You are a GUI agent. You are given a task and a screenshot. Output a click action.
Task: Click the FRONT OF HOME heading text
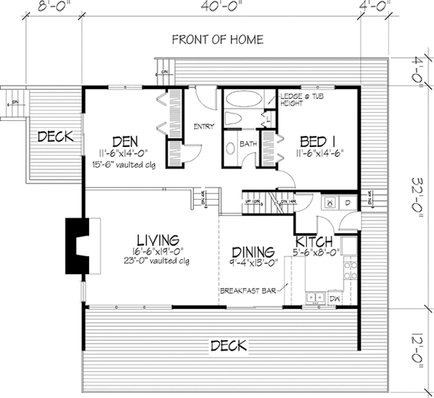click(x=217, y=40)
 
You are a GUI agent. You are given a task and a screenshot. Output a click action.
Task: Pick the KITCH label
click(x=313, y=241)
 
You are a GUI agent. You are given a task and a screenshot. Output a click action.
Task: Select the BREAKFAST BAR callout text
click(x=252, y=291)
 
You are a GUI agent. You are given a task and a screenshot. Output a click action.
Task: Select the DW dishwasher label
click(x=333, y=297)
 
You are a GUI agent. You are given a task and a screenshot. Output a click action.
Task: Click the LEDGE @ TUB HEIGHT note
click(x=302, y=100)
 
